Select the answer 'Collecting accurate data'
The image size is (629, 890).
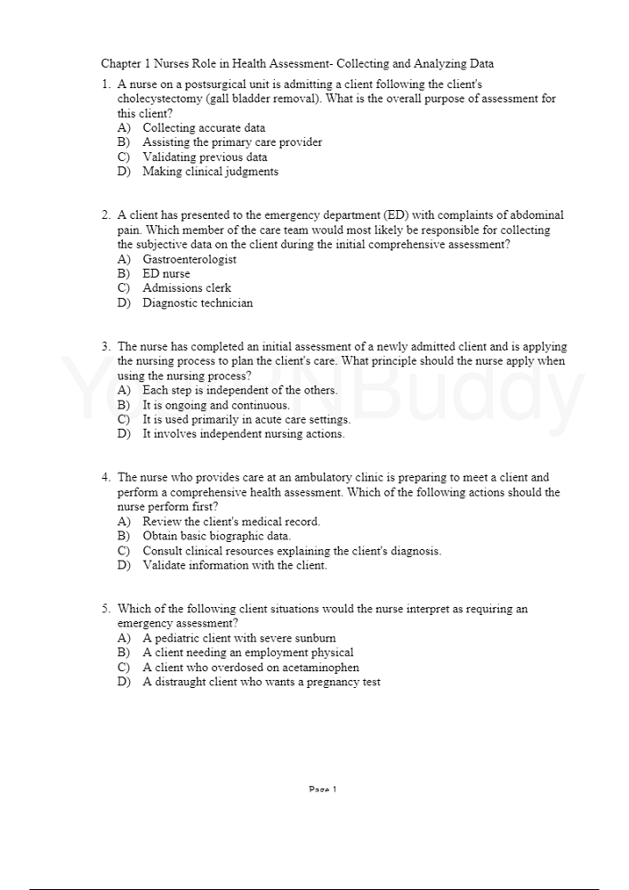[x=204, y=128]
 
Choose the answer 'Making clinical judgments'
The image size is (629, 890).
[x=210, y=172]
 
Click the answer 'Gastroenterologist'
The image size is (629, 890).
[x=190, y=259]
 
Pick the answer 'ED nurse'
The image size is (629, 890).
[x=166, y=274]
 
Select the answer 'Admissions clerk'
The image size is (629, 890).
[x=187, y=288]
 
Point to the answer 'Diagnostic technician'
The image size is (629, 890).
[x=198, y=303]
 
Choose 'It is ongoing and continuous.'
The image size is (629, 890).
[x=216, y=405]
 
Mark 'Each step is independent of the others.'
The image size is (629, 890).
[x=240, y=391]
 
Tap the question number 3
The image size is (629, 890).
[x=106, y=347]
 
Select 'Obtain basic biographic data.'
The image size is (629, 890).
[x=216, y=537]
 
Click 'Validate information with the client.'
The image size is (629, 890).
[x=235, y=565]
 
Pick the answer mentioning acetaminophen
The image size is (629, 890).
[x=251, y=667]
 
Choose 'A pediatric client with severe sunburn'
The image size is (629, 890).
[x=239, y=638]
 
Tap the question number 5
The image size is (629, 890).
[x=106, y=610]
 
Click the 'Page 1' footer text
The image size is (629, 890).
[x=322, y=789]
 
